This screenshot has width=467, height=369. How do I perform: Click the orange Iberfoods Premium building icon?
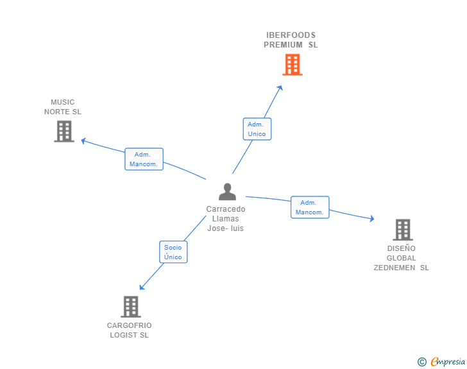click(x=292, y=64)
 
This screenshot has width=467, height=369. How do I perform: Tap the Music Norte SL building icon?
click(x=64, y=131)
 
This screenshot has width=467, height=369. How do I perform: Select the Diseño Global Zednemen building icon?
click(x=402, y=229)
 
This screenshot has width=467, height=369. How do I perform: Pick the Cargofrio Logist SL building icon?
click(x=130, y=306)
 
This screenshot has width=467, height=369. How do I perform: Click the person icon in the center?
click(x=227, y=192)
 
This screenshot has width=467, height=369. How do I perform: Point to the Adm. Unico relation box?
click(x=257, y=129)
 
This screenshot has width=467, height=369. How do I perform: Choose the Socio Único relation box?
click(x=173, y=252)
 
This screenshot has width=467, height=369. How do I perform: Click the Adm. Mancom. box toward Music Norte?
click(x=144, y=159)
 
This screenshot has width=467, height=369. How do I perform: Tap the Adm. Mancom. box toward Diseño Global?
click(x=310, y=207)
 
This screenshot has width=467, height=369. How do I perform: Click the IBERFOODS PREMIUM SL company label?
click(x=291, y=40)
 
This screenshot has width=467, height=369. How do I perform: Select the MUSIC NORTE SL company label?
click(x=63, y=107)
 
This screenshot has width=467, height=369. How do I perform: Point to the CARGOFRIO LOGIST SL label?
click(x=130, y=330)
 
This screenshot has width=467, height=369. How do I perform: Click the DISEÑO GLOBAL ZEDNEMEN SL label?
click(x=402, y=258)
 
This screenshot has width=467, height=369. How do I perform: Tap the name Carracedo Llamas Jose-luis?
click(x=225, y=219)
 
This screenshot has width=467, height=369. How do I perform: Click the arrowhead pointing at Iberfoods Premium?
click(x=280, y=87)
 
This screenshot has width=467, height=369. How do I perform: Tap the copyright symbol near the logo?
click(x=421, y=363)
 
